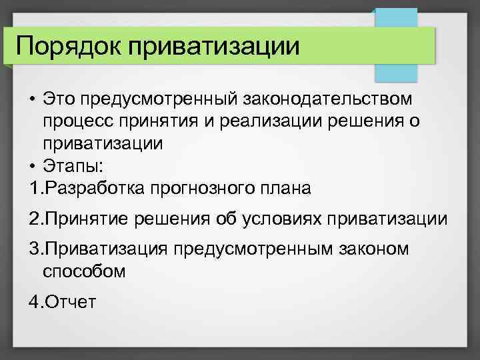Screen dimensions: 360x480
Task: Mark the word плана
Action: pyautogui.click(x=283, y=188)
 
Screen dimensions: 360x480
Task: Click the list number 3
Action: pyautogui.click(x=34, y=249)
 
